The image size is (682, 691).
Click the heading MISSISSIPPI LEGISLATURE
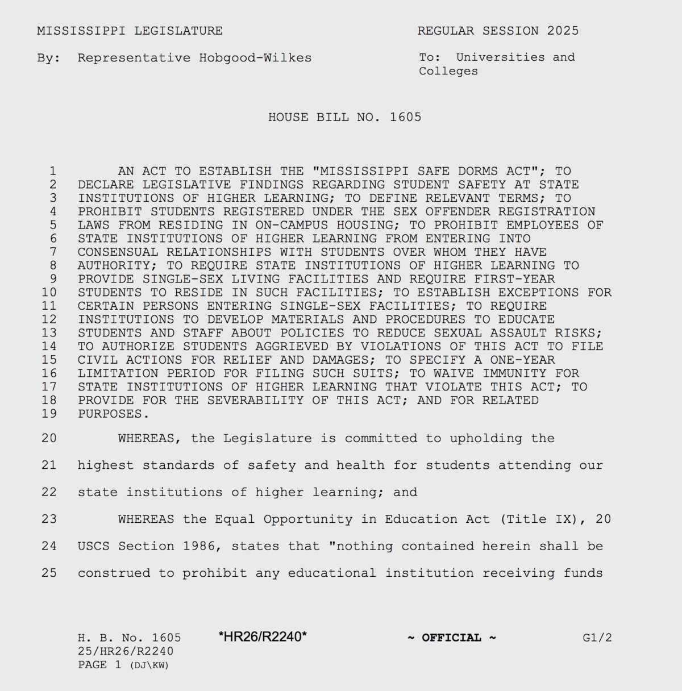click(x=130, y=31)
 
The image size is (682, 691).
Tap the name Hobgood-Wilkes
click(x=255, y=58)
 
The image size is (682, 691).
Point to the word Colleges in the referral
click(x=448, y=72)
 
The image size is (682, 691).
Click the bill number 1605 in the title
click(x=405, y=118)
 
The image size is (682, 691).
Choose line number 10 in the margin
click(x=49, y=293)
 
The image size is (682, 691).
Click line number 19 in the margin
click(x=49, y=414)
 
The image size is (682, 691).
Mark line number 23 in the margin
click(x=49, y=519)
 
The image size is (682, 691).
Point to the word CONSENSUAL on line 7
click(x=118, y=252)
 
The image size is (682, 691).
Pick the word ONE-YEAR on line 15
click(x=523, y=360)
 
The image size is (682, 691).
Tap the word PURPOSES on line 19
click(x=110, y=414)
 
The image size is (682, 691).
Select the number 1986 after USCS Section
click(x=198, y=546)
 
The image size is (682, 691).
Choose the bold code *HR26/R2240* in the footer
click(x=263, y=637)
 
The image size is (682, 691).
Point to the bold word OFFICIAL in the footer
click(x=451, y=638)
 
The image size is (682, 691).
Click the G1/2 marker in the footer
click(x=597, y=638)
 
